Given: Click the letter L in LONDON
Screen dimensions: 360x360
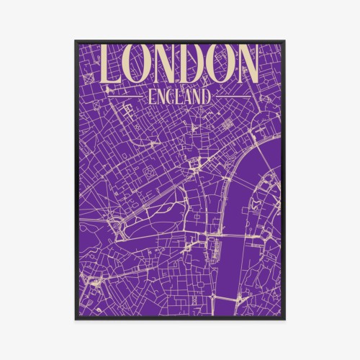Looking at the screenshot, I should [116, 65].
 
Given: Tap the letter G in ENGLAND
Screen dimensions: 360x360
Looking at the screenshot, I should [168, 96].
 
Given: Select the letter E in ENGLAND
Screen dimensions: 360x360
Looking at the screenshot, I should [149, 96].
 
